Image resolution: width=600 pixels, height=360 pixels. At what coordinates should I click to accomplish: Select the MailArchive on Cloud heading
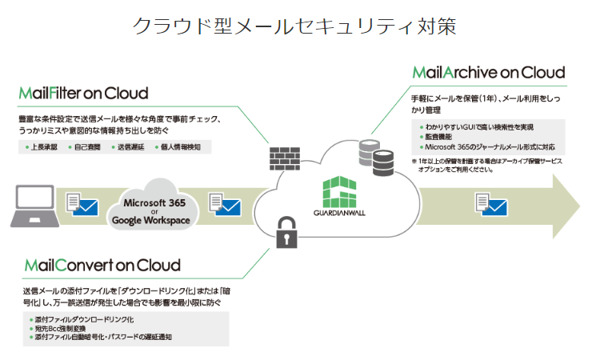(489, 72)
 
